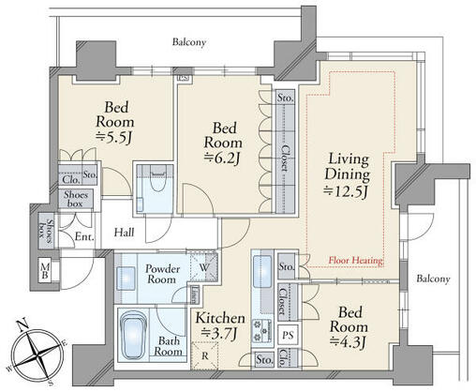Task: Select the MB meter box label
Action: pos(45,270)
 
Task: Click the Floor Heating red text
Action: pos(356,260)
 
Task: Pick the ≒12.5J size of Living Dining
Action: pos(346,191)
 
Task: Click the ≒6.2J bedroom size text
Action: pos(222,158)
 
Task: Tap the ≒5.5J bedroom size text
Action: pos(115,138)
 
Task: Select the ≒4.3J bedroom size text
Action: pos(348,342)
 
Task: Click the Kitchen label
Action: pos(220,318)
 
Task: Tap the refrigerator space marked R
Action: pos(204,355)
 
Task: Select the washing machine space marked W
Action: pos(203,267)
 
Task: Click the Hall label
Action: pos(124,233)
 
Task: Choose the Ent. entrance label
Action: pos(84,236)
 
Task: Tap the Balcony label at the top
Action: pos(189,42)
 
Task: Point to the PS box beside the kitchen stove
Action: pos(288,335)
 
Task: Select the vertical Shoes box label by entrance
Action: pos(46,231)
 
